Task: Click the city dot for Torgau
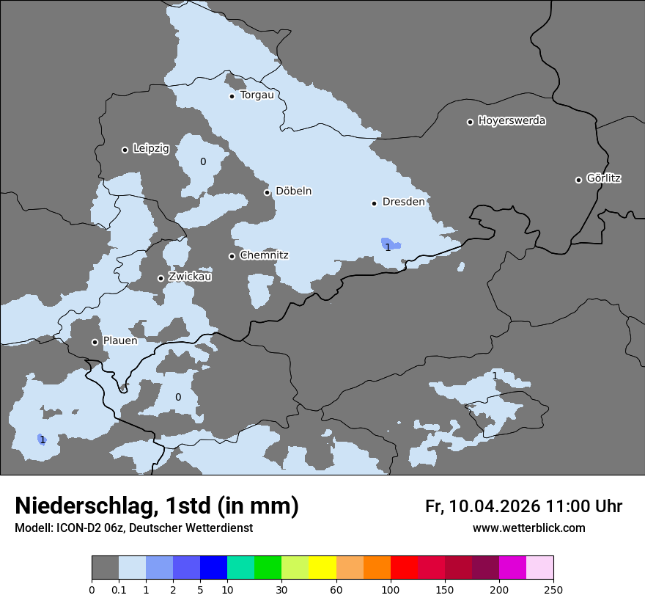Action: pos(232,96)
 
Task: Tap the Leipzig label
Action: pos(151,149)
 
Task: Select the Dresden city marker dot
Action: pos(374,203)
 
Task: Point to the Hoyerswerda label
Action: pos(512,121)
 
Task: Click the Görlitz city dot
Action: pos(578,180)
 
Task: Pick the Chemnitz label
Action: pos(264,255)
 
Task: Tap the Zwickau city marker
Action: pos(161,278)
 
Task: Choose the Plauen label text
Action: pos(120,341)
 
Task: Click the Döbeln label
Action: pos(293,192)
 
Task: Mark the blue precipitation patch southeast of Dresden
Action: pos(390,244)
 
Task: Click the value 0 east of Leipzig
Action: pos(203,161)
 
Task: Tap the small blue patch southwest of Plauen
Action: pos(41,439)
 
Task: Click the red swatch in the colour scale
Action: pos(404,568)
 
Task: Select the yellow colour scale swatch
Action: pos(322,568)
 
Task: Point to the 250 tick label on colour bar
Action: pos(553,589)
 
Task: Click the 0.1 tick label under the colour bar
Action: pos(119,589)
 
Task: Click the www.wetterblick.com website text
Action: pos(528,528)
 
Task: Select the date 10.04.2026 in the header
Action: pos(495,506)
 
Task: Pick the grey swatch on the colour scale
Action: pos(105,568)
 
